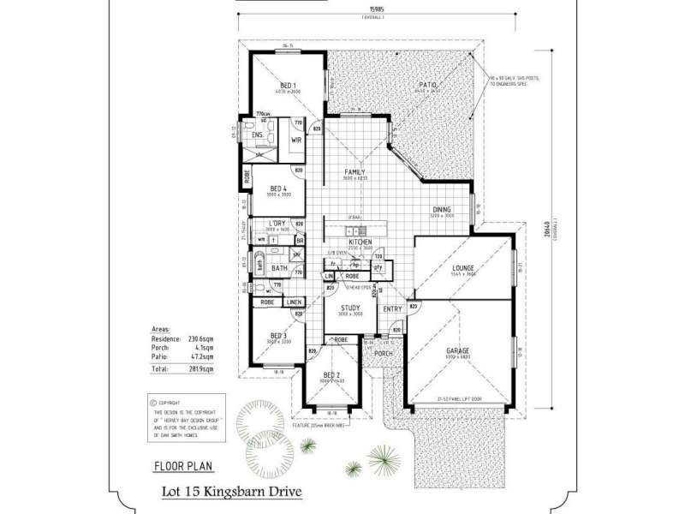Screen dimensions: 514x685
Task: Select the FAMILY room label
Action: click(355, 171)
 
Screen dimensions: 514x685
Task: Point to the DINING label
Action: click(442, 209)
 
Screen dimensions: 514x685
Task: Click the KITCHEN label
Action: click(359, 243)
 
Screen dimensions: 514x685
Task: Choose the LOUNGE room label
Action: click(464, 268)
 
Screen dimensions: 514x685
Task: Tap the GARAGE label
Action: click(463, 350)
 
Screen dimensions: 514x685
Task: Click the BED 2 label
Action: click(331, 375)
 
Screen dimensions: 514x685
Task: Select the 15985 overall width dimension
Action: click(370, 11)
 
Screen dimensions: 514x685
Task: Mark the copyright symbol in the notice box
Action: click(152, 400)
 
